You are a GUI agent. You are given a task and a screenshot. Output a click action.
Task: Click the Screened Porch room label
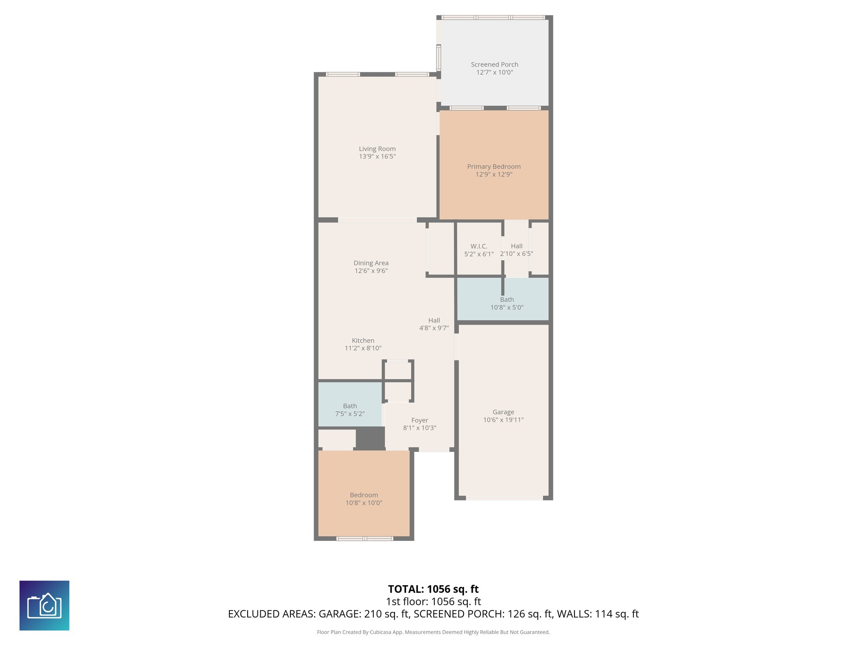click(494, 64)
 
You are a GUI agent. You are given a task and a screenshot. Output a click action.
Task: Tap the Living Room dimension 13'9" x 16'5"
click(377, 157)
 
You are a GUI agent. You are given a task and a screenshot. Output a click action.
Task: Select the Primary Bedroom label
click(494, 166)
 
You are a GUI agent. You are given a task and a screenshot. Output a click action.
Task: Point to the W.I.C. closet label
click(479, 246)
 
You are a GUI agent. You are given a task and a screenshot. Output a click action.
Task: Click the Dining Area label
click(371, 263)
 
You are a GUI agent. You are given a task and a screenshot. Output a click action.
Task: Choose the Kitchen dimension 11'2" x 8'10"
click(363, 348)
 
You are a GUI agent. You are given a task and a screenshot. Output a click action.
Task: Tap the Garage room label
click(503, 412)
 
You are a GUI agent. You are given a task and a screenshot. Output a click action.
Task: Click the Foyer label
click(420, 420)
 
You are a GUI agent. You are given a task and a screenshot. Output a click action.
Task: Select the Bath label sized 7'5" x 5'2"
click(350, 406)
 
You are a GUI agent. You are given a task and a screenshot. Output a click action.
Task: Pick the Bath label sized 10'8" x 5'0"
click(507, 300)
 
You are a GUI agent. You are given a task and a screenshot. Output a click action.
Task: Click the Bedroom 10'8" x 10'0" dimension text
click(364, 503)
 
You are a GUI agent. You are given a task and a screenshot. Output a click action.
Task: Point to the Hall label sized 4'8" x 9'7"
click(434, 320)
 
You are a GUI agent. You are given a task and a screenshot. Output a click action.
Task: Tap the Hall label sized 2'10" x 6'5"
click(516, 246)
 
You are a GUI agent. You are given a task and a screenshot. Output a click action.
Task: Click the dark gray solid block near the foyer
click(370, 438)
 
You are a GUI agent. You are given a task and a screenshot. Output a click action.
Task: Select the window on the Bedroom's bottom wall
click(364, 539)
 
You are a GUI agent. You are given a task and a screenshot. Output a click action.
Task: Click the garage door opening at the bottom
click(504, 498)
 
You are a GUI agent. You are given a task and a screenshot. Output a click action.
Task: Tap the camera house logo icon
click(44, 605)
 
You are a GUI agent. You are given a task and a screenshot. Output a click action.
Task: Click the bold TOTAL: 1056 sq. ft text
click(433, 589)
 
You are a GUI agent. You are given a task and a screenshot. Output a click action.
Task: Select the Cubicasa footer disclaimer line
click(433, 632)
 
